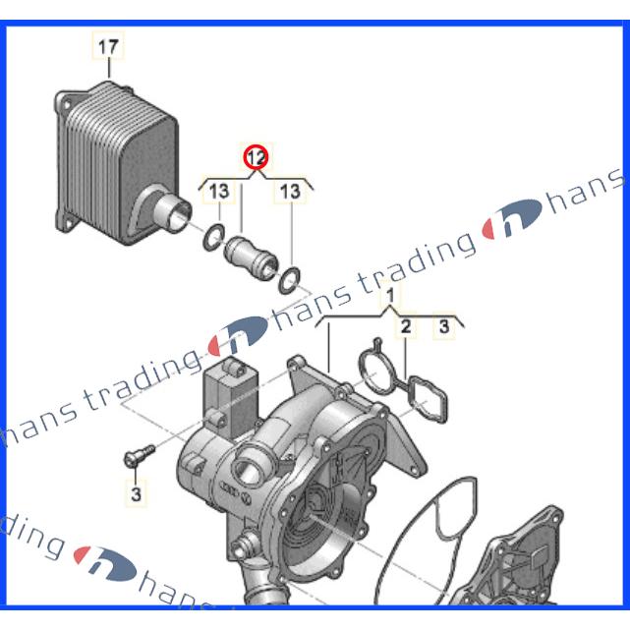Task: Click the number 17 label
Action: pos(108,47)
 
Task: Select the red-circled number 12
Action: pos(256,157)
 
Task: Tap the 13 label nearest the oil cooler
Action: pos(218,191)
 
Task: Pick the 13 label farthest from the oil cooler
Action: pos(290,191)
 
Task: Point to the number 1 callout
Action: pos(390,297)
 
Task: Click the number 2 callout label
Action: pos(406,326)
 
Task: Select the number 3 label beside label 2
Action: pos(443,326)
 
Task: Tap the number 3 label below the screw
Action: pos(136,493)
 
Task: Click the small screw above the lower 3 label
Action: pos(139,457)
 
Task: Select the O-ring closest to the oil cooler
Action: pos(214,238)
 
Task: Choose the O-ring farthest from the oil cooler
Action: pos(289,280)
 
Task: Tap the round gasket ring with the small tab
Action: pos(376,369)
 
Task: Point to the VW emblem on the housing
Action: pos(247,499)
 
